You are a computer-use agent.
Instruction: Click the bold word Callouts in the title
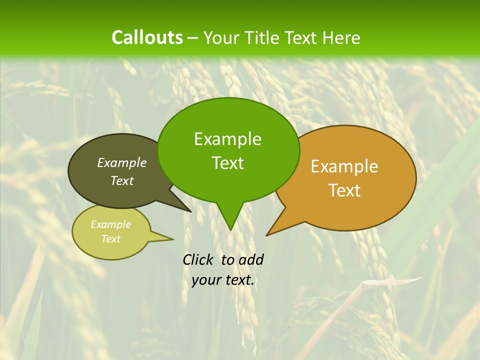tap(147, 37)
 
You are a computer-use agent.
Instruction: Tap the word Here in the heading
tap(341, 38)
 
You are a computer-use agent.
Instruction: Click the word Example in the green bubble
tap(227, 139)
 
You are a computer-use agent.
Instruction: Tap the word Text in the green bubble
tap(227, 163)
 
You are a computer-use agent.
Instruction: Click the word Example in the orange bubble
tap(344, 166)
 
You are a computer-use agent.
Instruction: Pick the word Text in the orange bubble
tap(344, 190)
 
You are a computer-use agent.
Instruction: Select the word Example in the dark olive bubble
tap(122, 163)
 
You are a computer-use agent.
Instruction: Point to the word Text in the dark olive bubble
tap(122, 181)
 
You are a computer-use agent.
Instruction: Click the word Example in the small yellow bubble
tap(110, 224)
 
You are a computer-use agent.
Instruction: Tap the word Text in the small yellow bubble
tap(110, 239)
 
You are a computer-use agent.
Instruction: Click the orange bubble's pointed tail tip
tap(267, 235)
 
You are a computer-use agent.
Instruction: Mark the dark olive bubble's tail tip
tap(190, 211)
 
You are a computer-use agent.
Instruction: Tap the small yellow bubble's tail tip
tap(173, 239)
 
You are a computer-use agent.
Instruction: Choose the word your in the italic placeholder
tap(206, 280)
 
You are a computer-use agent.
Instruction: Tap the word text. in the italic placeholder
tap(238, 280)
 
